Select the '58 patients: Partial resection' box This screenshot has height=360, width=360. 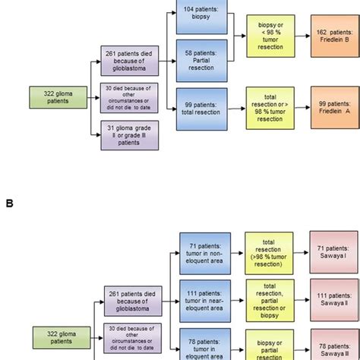[x=200, y=59]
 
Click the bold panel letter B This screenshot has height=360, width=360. [x=9, y=204]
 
